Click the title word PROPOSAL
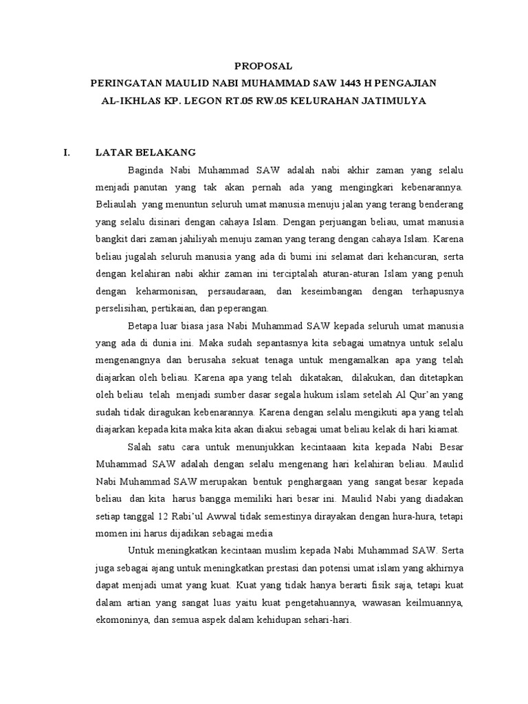click(263, 66)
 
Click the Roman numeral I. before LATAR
click(66, 152)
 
